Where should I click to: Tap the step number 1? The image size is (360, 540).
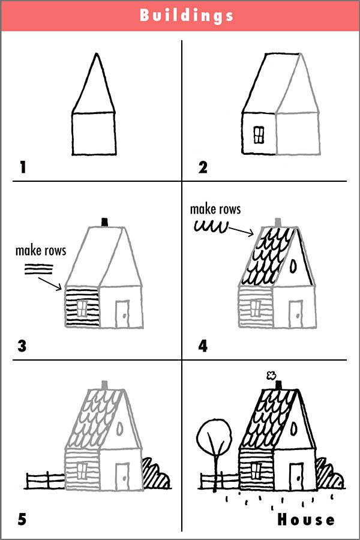click(23, 167)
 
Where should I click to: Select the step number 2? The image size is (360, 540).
click(203, 167)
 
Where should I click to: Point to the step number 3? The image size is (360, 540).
click(23, 346)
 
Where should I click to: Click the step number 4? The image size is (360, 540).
click(203, 346)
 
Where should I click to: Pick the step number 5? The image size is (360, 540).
click(23, 519)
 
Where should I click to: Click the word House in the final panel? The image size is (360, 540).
click(306, 519)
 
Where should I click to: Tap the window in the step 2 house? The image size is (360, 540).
click(259, 135)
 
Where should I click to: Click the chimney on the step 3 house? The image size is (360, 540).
click(106, 222)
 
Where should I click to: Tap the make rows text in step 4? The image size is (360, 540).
click(215, 209)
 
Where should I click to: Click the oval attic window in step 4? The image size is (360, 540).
click(293, 265)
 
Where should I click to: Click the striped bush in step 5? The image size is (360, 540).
click(156, 474)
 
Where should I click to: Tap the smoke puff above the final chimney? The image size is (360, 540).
click(271, 376)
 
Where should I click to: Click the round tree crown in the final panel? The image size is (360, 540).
click(214, 435)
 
